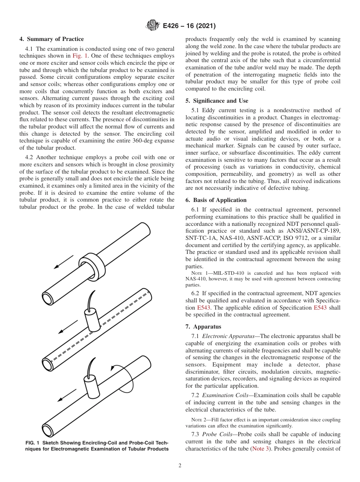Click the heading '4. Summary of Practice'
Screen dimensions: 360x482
tap(52, 39)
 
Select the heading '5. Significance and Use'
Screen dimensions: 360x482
tap(217, 101)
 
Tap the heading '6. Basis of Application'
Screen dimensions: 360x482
tap(216, 200)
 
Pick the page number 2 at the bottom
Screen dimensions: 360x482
tap(180, 466)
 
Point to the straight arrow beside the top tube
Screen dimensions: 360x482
tap(63, 262)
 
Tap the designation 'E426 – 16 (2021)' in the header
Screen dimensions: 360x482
tap(189, 26)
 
